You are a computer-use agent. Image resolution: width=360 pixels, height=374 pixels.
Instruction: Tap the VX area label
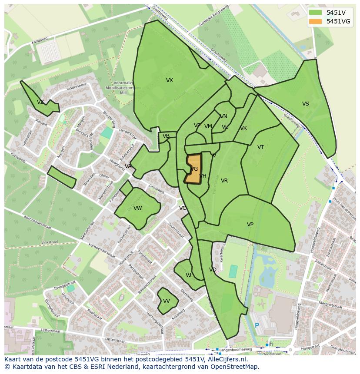[x=170, y=80]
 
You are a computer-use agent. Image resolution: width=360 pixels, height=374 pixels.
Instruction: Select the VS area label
[x=306, y=104]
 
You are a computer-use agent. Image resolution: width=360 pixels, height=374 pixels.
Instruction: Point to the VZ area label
[x=40, y=102]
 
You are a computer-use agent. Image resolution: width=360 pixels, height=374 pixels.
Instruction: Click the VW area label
[x=138, y=208]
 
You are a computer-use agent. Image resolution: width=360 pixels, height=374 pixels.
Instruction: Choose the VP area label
[x=250, y=225]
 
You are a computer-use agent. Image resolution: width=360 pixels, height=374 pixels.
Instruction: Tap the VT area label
[x=260, y=147]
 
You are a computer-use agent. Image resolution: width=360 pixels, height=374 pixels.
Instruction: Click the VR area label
[x=224, y=181]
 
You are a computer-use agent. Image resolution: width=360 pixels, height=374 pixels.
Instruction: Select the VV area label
[x=167, y=301]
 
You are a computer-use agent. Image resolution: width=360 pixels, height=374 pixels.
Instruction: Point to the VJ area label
[x=188, y=275]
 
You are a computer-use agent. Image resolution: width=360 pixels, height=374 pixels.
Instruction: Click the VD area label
[x=213, y=270]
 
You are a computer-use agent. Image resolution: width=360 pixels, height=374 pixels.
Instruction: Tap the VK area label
[x=243, y=128]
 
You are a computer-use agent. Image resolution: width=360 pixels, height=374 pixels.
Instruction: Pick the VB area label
[x=166, y=136]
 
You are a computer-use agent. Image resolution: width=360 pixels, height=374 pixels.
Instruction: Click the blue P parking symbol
[x=257, y=325]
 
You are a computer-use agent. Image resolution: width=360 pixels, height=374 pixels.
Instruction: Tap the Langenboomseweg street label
[x=236, y=349]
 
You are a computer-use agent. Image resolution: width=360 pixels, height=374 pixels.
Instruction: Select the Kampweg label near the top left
[x=39, y=42]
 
